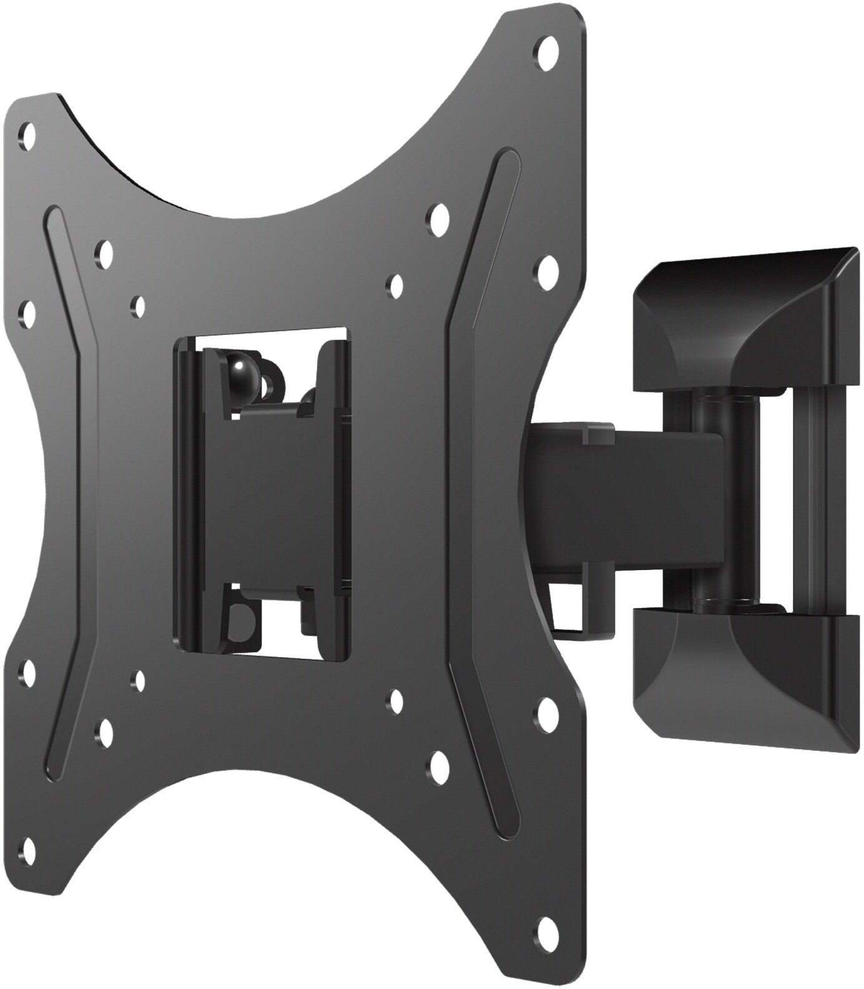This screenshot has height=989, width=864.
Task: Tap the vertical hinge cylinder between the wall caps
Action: coord(718,499)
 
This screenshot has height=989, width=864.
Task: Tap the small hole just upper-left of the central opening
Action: coord(137,305)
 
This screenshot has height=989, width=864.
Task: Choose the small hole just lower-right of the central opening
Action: coord(394,700)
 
